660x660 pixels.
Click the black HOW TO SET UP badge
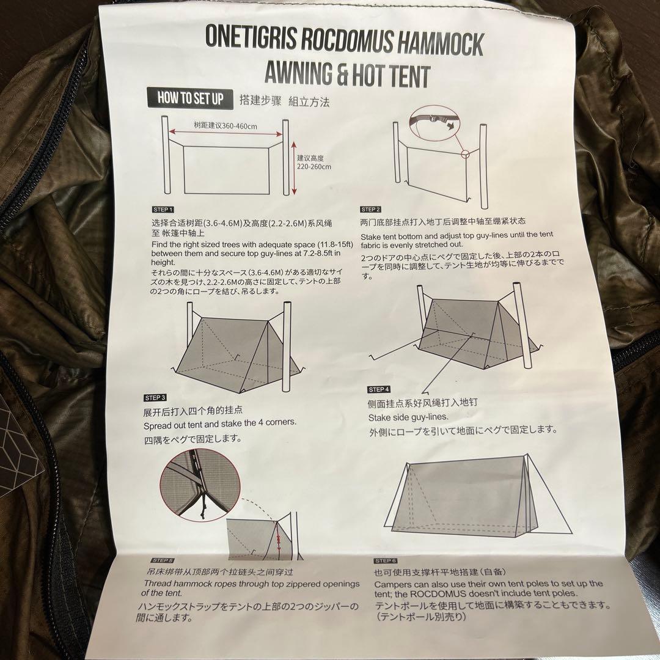[190, 98]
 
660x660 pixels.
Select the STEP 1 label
[163, 209]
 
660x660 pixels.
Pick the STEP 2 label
[371, 210]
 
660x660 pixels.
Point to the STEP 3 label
[156, 398]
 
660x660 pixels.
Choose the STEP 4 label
[379, 389]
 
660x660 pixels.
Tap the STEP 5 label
[162, 560]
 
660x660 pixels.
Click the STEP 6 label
[386, 560]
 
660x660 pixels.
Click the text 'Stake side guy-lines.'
[408, 417]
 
